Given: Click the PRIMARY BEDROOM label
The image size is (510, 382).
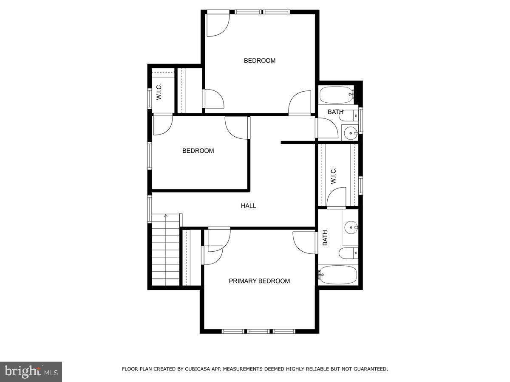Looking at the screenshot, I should click(259, 281).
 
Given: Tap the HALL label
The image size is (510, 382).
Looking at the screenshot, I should click(249, 206).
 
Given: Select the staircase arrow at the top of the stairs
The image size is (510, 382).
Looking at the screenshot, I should click(166, 216).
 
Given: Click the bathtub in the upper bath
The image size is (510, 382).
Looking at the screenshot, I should click(336, 95).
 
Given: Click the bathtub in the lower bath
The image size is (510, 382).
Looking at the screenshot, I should click(338, 275).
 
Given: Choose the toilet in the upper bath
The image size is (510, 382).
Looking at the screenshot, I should click(350, 115).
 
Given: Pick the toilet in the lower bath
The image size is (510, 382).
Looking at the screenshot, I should click(348, 253).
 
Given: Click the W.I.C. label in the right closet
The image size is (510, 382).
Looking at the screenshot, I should click(334, 176).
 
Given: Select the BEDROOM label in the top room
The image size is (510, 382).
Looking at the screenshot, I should click(259, 61).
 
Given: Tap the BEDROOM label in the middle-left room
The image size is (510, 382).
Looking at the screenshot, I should click(198, 151).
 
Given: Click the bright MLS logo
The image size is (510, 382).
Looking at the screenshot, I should click(31, 371).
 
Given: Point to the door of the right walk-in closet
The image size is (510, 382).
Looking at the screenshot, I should click(337, 199).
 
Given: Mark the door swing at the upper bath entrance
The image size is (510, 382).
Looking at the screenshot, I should click(326, 128).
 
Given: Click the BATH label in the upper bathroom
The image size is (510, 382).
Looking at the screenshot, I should click(335, 112).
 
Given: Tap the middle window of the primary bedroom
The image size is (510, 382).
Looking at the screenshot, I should click(258, 331).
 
